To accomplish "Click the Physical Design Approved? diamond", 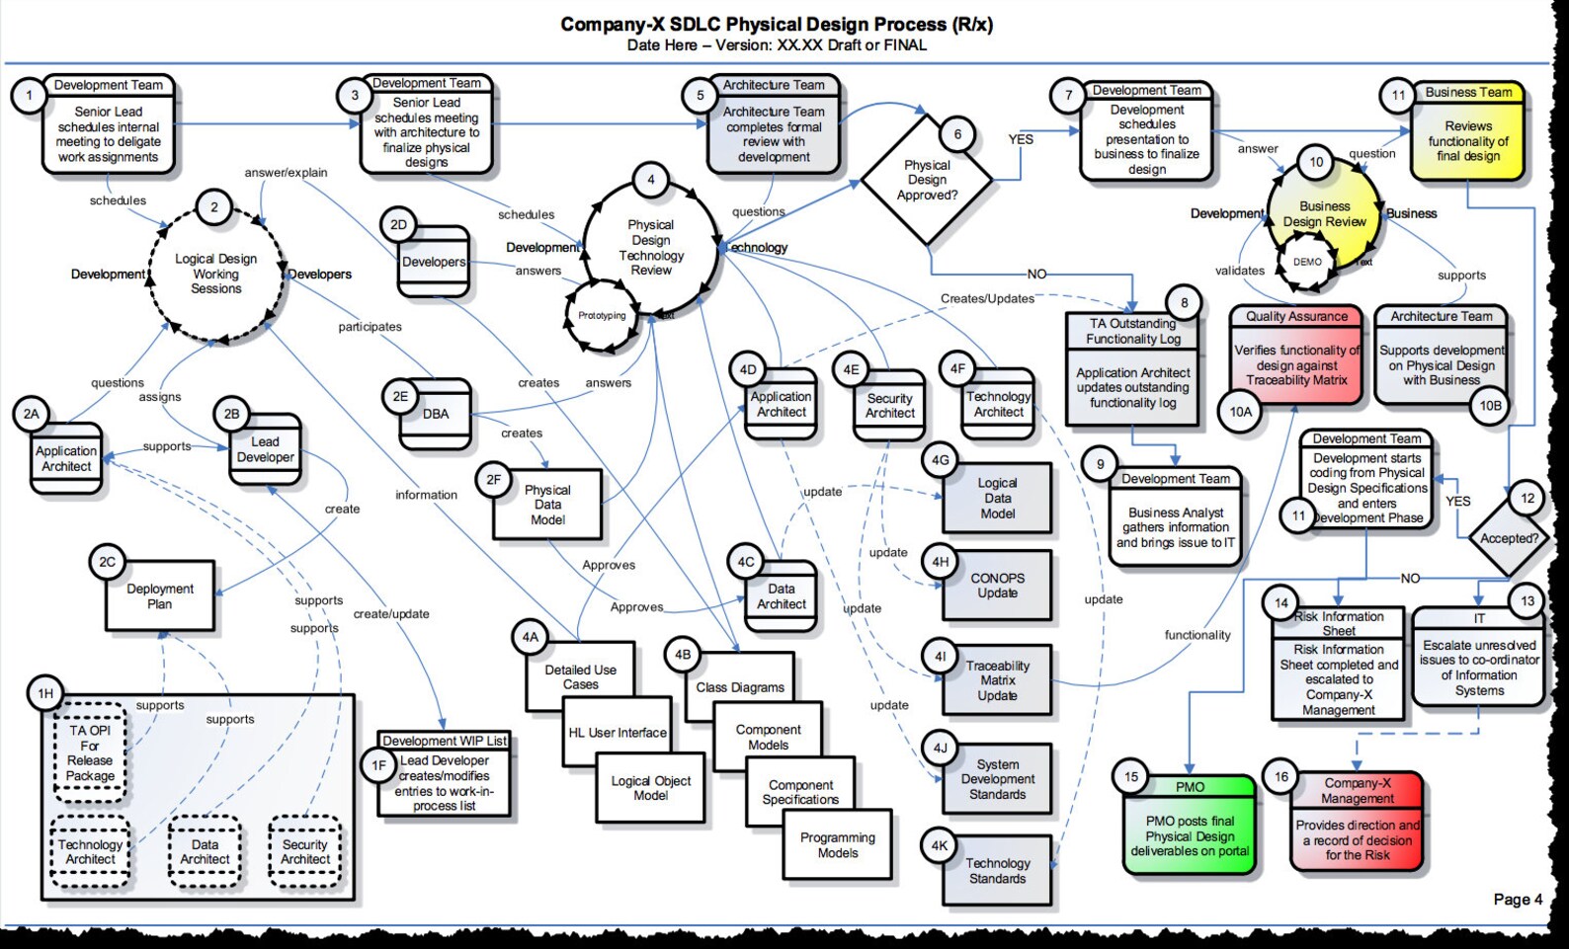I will click(x=927, y=180).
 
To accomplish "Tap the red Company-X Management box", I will click(x=1358, y=822).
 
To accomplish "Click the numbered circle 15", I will click(x=1131, y=777).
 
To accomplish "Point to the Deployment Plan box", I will click(x=160, y=596).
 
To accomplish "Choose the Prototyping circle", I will click(x=602, y=316).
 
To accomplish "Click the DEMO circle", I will click(x=1307, y=262).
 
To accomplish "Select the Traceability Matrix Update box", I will click(x=997, y=680).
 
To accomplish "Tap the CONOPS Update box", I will click(x=997, y=586).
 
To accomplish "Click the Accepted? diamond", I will click(x=1509, y=538).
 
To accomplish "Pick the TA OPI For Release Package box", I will click(x=90, y=752).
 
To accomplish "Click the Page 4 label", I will click(x=1518, y=899).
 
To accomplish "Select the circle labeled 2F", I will click(x=493, y=480).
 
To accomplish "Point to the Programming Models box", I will click(x=838, y=845).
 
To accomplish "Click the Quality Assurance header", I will click(x=1296, y=316).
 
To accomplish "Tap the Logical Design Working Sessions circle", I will click(x=215, y=274).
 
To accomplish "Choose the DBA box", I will click(x=436, y=414).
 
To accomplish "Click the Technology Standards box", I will click(x=997, y=870).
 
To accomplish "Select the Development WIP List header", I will click(x=445, y=741).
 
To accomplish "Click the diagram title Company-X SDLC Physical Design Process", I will click(x=777, y=25).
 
